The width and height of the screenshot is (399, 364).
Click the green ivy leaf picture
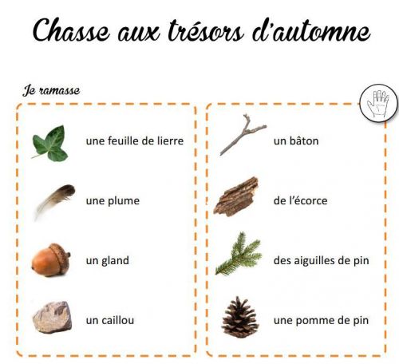click(x=50, y=144)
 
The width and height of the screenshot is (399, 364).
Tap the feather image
click(x=55, y=200)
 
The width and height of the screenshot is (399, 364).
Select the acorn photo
click(x=51, y=259)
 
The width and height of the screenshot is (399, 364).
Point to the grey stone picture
click(x=53, y=317)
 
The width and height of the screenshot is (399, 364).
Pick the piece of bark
click(x=236, y=197)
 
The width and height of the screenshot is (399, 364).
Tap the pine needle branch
click(x=239, y=254)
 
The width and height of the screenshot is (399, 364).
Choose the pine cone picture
click(x=240, y=318)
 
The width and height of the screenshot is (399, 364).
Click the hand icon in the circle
click(x=378, y=104)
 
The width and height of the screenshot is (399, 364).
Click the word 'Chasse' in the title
click(x=71, y=30)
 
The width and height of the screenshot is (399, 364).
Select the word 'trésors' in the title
click(x=206, y=30)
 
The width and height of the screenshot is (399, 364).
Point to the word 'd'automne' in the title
click(x=311, y=30)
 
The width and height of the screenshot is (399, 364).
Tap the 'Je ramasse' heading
click(x=51, y=90)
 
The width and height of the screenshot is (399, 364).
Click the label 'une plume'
click(x=113, y=201)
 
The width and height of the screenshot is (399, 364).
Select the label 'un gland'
click(x=108, y=261)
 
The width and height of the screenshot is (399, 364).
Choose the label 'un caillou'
click(x=110, y=320)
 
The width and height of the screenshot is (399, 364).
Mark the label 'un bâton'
click(x=296, y=140)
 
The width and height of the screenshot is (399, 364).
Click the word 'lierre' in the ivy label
click(x=170, y=140)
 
